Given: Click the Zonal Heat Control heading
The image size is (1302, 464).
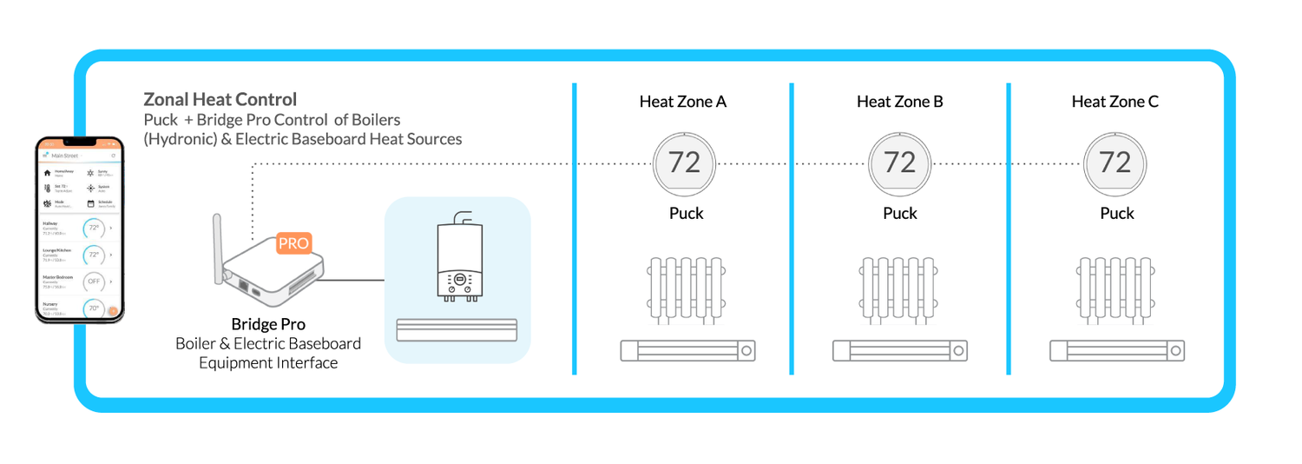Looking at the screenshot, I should [220, 100].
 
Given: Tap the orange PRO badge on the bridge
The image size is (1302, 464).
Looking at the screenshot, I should [293, 243].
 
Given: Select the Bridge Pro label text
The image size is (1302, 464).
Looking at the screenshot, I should [267, 324].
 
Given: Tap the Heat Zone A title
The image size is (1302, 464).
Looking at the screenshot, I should [683, 102].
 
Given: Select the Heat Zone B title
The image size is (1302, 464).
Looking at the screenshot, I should [899, 102].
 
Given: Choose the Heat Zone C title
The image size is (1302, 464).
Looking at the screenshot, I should [1115, 102].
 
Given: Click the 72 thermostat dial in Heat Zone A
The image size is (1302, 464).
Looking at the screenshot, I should [684, 162].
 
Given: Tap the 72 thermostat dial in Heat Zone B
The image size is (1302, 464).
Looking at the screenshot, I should [899, 162].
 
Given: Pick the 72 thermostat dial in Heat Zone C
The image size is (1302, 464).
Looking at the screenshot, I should [1115, 162].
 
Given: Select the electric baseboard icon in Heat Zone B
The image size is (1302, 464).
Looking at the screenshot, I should [900, 351].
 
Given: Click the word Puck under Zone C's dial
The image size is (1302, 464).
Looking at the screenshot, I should [1116, 213].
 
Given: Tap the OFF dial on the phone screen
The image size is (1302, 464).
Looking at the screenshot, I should [93, 282].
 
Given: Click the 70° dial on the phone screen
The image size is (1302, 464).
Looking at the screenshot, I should [93, 308].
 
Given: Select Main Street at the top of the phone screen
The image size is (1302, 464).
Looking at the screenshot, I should [65, 156].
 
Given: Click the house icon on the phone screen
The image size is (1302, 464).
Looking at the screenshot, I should [47, 173].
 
